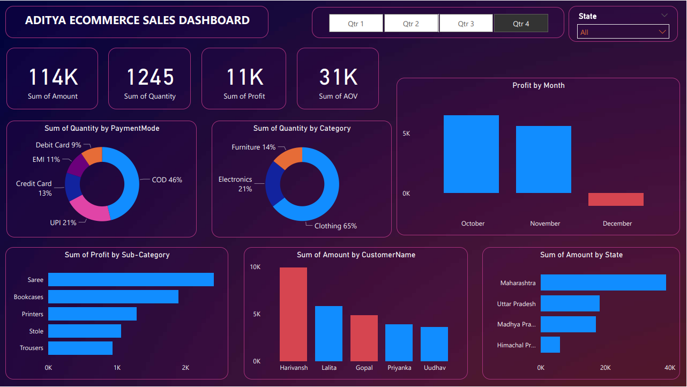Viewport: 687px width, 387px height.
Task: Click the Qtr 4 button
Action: tap(521, 24)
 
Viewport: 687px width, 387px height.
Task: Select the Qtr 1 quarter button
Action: tap(356, 24)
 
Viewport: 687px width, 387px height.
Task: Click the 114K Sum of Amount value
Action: tap(53, 78)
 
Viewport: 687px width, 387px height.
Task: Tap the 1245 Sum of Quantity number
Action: tap(150, 78)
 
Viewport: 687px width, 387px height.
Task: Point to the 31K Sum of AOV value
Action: tap(338, 78)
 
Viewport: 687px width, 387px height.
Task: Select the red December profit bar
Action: tap(616, 199)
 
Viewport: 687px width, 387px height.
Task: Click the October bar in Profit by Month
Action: tap(471, 154)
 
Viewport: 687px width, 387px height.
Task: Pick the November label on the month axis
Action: tap(545, 224)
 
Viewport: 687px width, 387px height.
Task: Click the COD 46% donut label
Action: tap(167, 180)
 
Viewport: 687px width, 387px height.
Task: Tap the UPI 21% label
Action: tap(63, 222)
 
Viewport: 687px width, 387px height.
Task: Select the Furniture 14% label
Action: tap(253, 147)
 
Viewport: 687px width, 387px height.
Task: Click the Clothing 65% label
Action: tap(335, 226)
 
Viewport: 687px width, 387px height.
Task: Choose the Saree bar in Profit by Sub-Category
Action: tap(131, 280)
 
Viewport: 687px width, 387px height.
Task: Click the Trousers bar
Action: tap(80, 348)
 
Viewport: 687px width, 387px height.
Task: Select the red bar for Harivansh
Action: tap(293, 314)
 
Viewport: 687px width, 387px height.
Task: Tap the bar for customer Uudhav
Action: tap(434, 344)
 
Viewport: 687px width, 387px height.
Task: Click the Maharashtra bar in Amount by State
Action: tap(603, 283)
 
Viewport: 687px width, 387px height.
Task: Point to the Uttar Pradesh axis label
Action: tap(516, 304)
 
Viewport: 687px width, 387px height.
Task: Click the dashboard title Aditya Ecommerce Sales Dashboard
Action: tap(137, 21)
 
